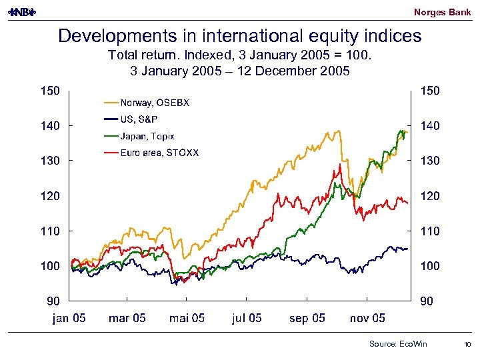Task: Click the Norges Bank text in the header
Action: coord(442,12)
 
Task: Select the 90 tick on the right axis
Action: coord(427,301)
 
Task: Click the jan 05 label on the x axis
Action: coord(69,318)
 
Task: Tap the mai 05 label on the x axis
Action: coord(187,318)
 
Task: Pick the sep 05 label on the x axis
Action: coord(307,318)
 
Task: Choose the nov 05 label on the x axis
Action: coord(367,318)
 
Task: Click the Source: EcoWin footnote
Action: coord(398,343)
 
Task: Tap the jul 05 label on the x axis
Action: coord(247,318)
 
